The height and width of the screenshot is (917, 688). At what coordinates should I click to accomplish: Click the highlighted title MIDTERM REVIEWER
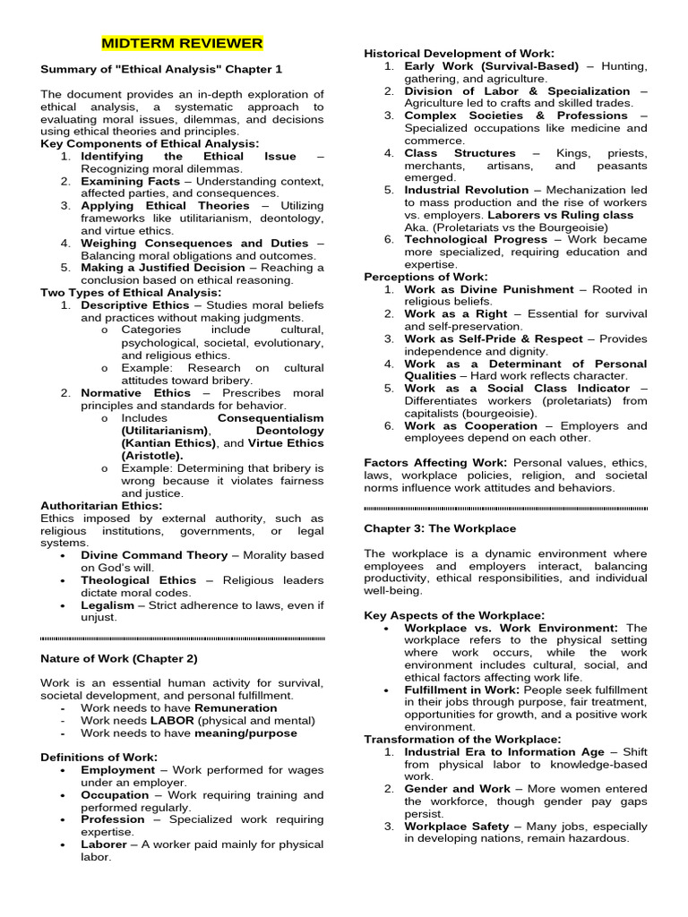pos(182,43)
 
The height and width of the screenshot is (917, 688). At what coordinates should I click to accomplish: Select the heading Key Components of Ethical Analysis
pos(150,143)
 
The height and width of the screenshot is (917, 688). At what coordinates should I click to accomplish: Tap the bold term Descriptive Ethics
pos(135,305)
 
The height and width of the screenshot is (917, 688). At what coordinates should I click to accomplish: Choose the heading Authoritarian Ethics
pos(101,505)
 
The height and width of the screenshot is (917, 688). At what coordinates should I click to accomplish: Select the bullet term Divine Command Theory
pos(154,555)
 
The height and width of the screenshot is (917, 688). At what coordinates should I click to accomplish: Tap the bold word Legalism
pos(107,605)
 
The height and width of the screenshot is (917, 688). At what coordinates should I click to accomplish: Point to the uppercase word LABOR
pos(172,720)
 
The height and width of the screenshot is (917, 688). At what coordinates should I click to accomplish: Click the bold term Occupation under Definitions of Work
pos(115,794)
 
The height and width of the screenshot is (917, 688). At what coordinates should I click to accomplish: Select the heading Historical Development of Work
pos(459,54)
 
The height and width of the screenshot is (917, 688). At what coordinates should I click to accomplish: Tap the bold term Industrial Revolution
pos(467,190)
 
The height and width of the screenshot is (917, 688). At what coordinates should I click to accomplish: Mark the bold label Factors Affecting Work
pos(435,462)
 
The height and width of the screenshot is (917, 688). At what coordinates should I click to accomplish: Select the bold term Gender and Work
pos(457,789)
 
